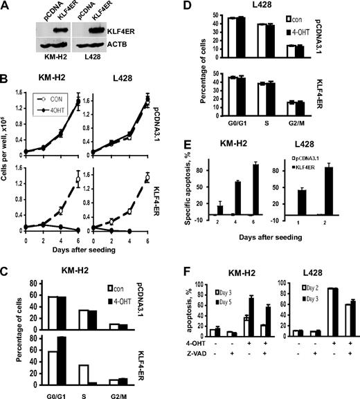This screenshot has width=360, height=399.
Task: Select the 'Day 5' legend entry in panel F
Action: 227,289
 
